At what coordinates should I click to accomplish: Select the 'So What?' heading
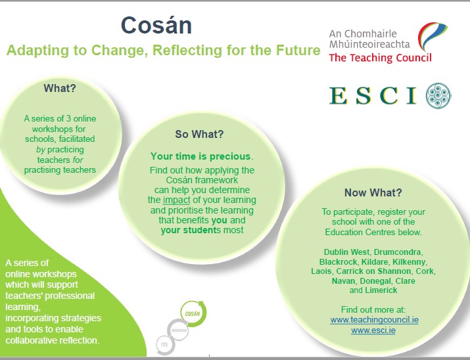coord(199,135)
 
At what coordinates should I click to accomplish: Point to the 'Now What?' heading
coord(373,193)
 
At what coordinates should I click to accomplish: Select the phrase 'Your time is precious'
coord(200,156)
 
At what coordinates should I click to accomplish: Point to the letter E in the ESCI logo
coord(339,95)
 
